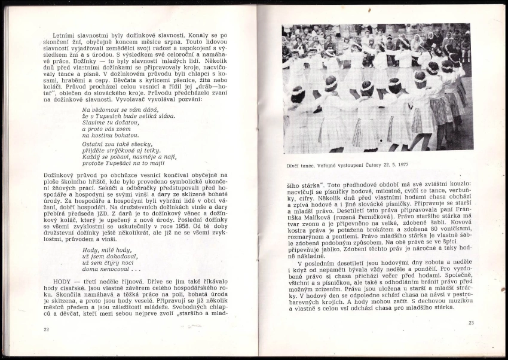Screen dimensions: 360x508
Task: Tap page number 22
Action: [46, 330]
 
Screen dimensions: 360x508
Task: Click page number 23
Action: [471, 324]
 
